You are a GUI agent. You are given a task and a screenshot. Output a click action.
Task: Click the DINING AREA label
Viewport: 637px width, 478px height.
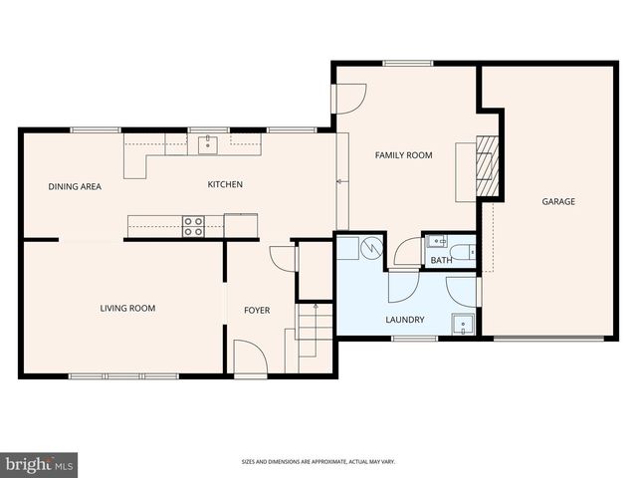pyautogui.click(x=76, y=186)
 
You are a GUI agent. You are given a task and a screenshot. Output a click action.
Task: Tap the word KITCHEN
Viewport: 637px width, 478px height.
pyautogui.click(x=224, y=184)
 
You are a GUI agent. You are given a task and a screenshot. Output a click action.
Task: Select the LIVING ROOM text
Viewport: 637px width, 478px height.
pyautogui.click(x=127, y=308)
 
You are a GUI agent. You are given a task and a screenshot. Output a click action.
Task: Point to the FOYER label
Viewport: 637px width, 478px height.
pyautogui.click(x=257, y=310)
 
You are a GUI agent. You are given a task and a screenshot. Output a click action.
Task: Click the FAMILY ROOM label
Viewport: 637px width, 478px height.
pyautogui.click(x=403, y=155)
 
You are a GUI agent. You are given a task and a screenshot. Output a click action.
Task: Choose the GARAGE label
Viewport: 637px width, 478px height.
pyautogui.click(x=558, y=201)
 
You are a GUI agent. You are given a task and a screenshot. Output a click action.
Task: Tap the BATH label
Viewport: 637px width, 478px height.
pyautogui.click(x=441, y=261)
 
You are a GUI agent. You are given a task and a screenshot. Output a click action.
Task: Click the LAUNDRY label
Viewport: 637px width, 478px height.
pyautogui.click(x=405, y=320)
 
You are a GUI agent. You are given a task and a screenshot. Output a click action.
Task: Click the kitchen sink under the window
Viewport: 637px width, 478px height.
pyautogui.click(x=207, y=145)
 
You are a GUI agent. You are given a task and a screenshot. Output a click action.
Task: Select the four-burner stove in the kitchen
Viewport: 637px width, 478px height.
pyautogui.click(x=193, y=226)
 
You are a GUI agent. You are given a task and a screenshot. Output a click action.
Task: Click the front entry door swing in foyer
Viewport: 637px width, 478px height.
pyautogui.click(x=248, y=357)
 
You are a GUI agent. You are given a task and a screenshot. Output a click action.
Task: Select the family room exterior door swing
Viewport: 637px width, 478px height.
pyautogui.click(x=350, y=97)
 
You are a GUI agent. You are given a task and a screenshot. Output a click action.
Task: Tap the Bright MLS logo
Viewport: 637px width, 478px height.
pyautogui.click(x=40, y=464)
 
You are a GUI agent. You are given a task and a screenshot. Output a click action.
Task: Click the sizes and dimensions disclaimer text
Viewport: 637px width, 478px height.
pyautogui.click(x=318, y=461)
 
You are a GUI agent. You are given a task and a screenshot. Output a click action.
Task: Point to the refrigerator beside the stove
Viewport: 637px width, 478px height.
pyautogui.click(x=241, y=225)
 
